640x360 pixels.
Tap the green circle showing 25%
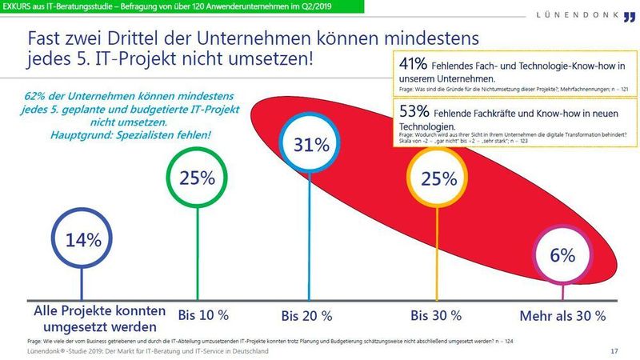pos(196,178)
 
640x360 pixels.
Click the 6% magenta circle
pos(562,255)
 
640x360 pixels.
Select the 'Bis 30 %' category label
pos(435,314)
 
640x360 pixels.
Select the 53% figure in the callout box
pos(414,110)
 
